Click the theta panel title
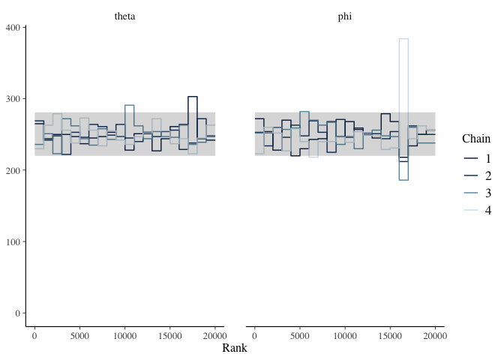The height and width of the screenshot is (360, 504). (124, 16)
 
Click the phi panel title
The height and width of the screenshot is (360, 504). (345, 16)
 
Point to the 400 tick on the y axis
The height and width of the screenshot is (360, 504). (13, 27)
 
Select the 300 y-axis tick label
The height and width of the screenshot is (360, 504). (13, 99)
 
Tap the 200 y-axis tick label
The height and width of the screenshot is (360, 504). (13, 170)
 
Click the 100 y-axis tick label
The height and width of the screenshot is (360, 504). (13, 241)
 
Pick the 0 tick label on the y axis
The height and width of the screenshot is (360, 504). (18, 313)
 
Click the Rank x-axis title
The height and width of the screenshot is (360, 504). (235, 348)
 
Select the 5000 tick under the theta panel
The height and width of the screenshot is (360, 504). (79, 336)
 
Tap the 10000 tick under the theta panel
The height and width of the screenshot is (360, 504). (124, 336)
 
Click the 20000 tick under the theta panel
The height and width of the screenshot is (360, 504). (214, 336)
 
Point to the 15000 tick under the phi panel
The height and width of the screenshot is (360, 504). (390, 336)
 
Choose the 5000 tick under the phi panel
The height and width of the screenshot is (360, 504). (300, 336)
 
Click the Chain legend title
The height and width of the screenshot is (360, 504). (476, 139)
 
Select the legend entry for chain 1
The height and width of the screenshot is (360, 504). (477, 158)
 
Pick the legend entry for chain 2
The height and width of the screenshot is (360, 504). (477, 175)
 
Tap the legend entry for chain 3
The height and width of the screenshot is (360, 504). (477, 193)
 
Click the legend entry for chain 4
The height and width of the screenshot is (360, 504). (477, 210)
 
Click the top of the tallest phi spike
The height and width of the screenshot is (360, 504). (403, 39)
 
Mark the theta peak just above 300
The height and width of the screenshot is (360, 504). (193, 97)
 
